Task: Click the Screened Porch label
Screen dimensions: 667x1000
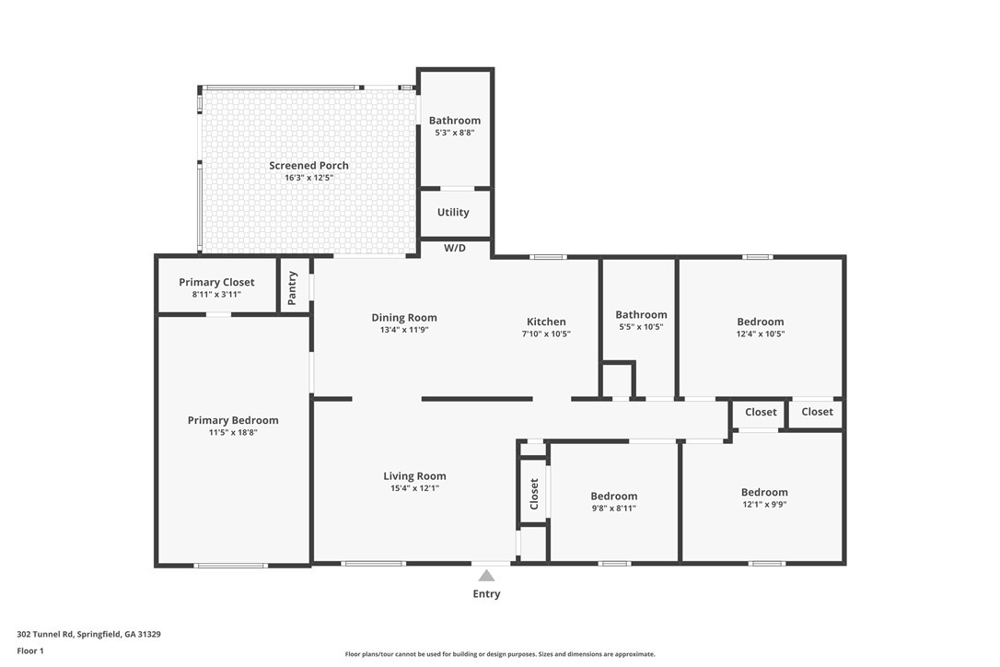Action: (x=308, y=166)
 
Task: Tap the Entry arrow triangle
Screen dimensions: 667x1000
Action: (x=486, y=576)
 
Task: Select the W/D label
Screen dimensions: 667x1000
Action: (x=455, y=248)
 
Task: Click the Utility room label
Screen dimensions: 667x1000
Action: (x=453, y=212)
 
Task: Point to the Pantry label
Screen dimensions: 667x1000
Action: (x=293, y=287)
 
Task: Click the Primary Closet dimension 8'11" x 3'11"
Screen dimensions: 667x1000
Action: (x=216, y=294)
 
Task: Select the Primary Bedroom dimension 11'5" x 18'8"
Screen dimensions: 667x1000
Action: (x=232, y=432)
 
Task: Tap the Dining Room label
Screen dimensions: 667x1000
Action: (x=404, y=318)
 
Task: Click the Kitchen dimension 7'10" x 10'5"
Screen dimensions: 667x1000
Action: (x=546, y=333)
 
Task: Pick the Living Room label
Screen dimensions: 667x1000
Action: (x=414, y=476)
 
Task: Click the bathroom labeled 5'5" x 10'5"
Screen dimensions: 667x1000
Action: (x=641, y=320)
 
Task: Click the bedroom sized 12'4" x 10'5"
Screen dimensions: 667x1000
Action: (x=761, y=327)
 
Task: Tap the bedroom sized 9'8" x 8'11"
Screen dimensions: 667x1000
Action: (x=613, y=501)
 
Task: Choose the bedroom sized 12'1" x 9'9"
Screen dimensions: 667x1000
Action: (x=764, y=497)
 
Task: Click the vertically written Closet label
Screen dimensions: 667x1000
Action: (x=534, y=494)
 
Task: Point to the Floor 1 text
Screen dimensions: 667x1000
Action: (x=29, y=650)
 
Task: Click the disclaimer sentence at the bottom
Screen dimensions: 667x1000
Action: (x=500, y=654)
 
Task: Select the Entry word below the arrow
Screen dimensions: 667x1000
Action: (x=486, y=594)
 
